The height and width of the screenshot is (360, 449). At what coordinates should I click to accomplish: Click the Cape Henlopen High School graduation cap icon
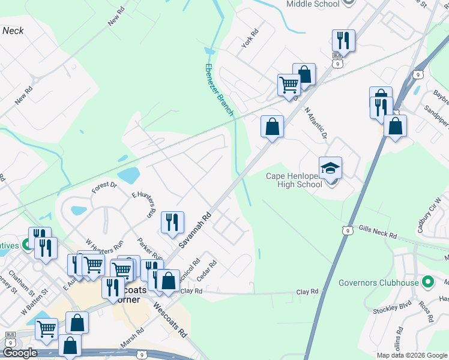pos(330,167)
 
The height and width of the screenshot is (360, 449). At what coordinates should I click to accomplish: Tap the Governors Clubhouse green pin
pos(427,281)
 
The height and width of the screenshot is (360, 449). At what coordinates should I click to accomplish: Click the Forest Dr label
pos(104,188)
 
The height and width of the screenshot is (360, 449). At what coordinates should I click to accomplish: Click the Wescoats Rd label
pos(170,319)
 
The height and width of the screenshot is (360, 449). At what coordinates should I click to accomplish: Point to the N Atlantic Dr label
pos(315,123)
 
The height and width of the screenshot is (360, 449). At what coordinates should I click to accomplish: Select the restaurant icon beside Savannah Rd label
pos(172,222)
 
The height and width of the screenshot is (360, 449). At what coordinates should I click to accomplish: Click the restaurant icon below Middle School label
pos(343,40)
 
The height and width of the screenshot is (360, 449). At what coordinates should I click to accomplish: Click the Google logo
pos(20,353)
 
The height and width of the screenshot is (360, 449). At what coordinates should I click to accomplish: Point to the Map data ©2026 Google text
pos(411,355)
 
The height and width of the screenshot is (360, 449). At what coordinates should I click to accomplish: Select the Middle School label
pos(313,4)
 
